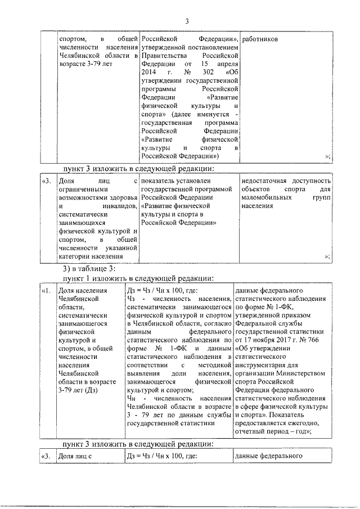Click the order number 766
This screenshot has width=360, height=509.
tap(313, 339)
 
